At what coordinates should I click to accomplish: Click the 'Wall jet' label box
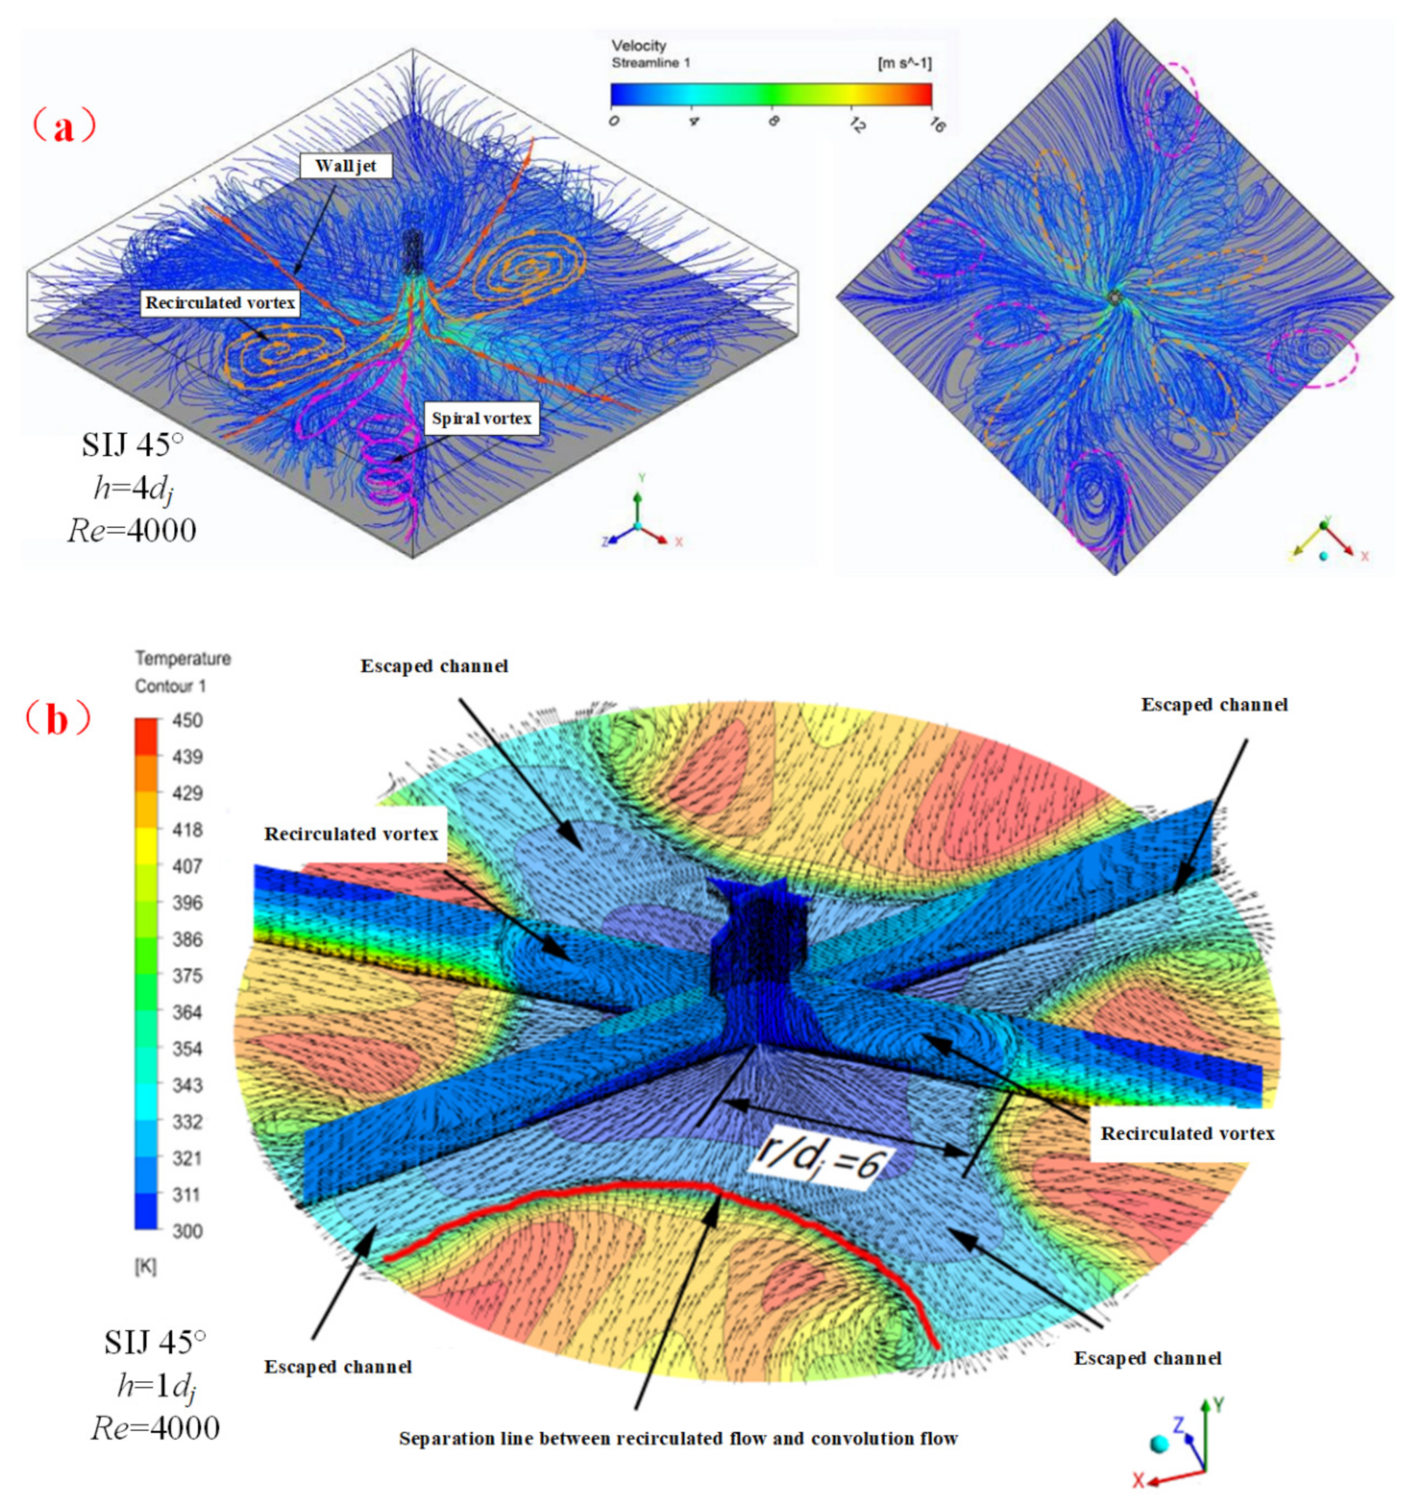click(346, 166)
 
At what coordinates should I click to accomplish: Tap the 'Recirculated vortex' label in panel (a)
click(220, 303)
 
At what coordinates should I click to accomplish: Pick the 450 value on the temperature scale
click(187, 721)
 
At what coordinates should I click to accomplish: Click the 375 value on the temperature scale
click(187, 976)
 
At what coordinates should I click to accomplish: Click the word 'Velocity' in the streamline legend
click(639, 46)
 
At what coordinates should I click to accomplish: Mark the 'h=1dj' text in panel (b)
click(156, 1386)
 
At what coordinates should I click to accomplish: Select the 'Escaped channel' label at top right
click(1214, 705)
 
